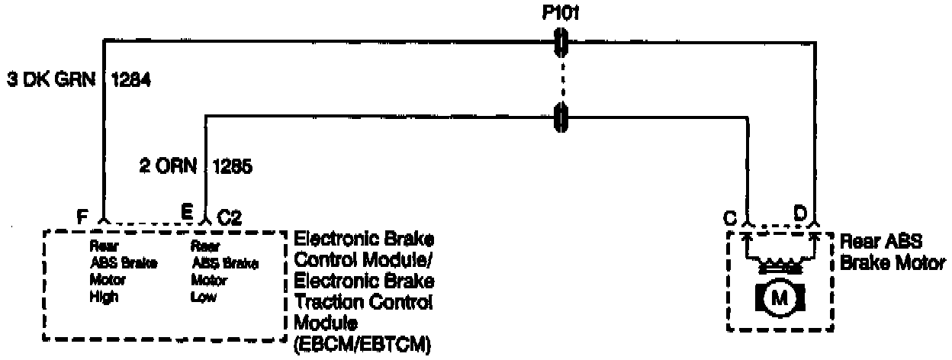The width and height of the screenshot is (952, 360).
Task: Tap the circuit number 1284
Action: pyautogui.click(x=131, y=79)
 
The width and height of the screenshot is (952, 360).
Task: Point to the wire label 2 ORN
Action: pyautogui.click(x=168, y=166)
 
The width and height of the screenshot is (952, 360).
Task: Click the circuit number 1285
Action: pyautogui.click(x=233, y=166)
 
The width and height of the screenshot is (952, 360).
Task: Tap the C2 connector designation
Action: pyautogui.click(x=230, y=217)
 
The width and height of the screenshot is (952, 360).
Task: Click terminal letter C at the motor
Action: pyautogui.click(x=731, y=217)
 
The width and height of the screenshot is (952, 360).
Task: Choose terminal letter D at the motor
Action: pyautogui.click(x=800, y=214)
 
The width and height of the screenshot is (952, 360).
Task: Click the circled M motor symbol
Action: pyautogui.click(x=780, y=298)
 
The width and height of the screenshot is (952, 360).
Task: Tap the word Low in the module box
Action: pyautogui.click(x=203, y=298)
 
